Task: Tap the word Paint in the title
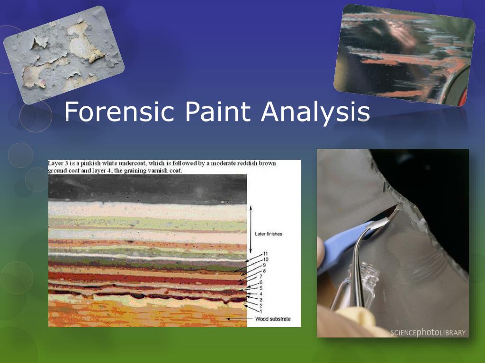(x=218, y=111)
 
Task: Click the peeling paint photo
(x=64, y=55)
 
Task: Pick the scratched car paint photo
(x=404, y=55)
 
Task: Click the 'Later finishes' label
(x=269, y=234)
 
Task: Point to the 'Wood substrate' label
(x=273, y=319)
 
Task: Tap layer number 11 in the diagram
(x=265, y=254)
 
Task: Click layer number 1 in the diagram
(x=261, y=311)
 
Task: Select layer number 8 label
(x=264, y=271)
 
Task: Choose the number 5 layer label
(x=261, y=288)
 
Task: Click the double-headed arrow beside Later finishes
(x=251, y=230)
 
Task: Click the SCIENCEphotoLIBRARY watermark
(x=428, y=332)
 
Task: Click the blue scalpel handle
(x=340, y=247)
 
